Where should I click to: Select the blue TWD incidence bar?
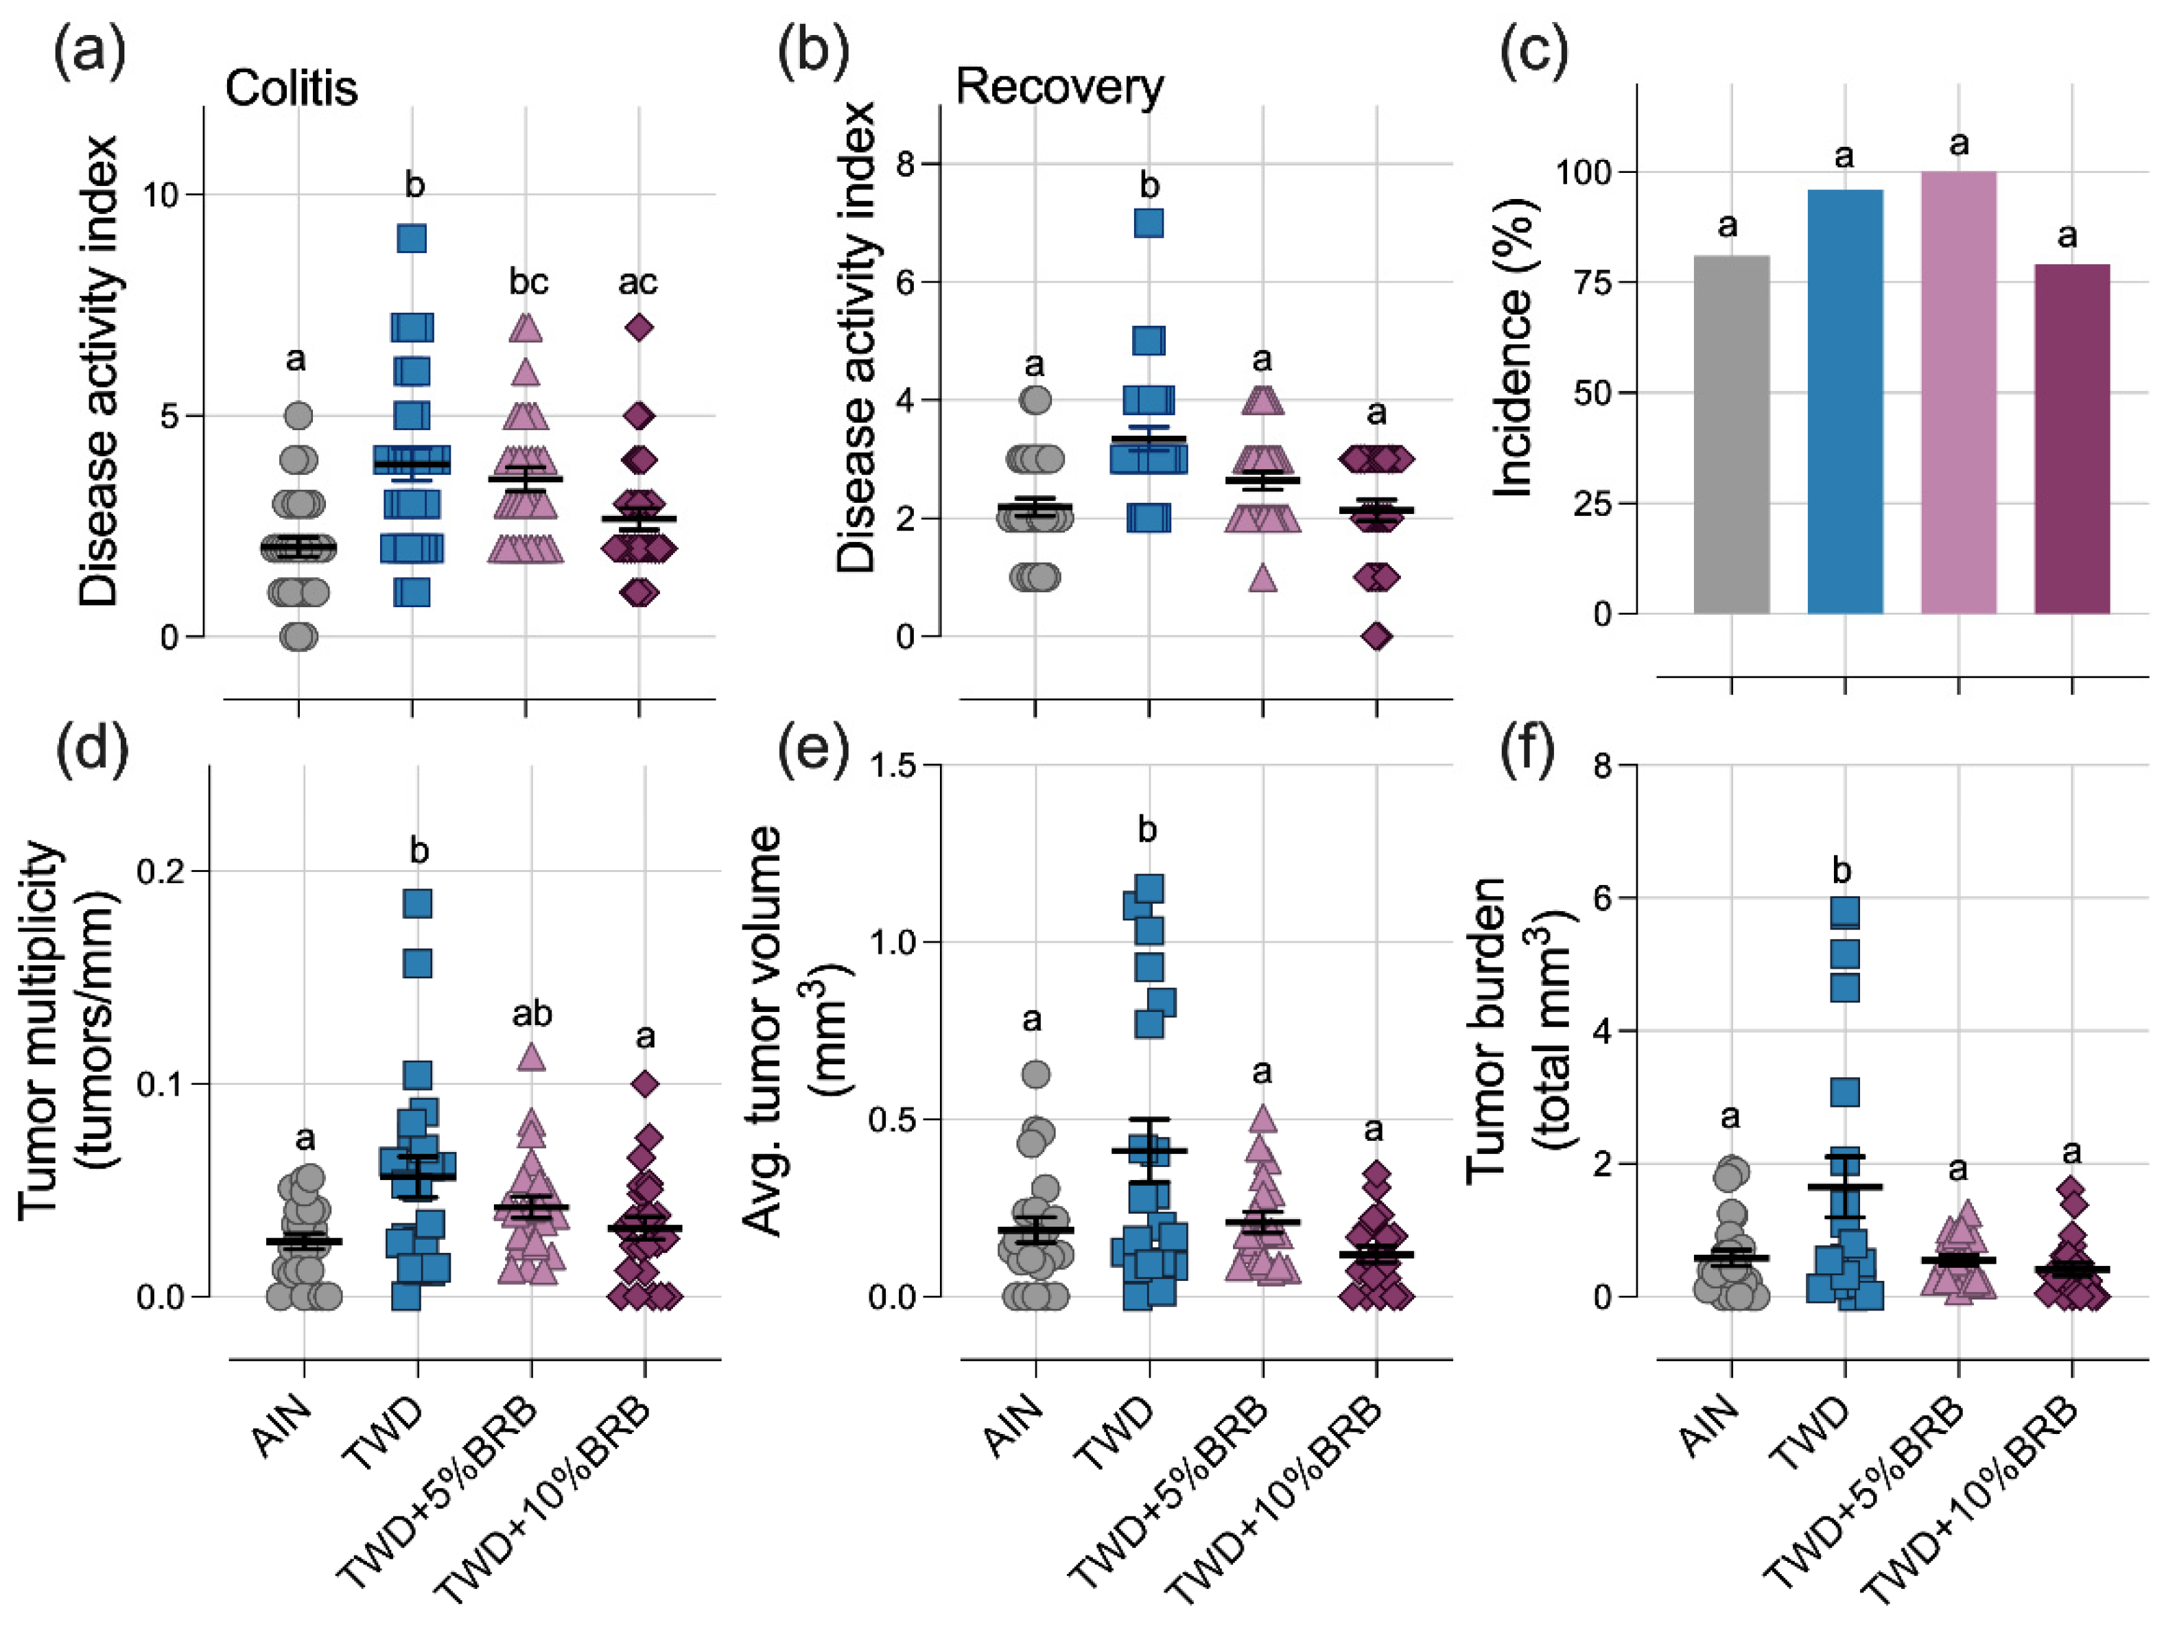pyautogui.click(x=1844, y=401)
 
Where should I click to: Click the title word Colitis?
pyautogui.click(x=292, y=88)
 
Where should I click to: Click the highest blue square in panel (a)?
pyautogui.click(x=412, y=238)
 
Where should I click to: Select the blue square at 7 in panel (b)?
pyautogui.click(x=1149, y=223)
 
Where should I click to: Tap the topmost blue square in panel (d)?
pyautogui.click(x=418, y=903)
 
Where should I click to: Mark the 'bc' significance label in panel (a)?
pyautogui.click(x=528, y=282)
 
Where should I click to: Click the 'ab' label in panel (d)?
pyautogui.click(x=532, y=1013)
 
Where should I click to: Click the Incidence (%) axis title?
pyautogui.click(x=1514, y=347)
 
